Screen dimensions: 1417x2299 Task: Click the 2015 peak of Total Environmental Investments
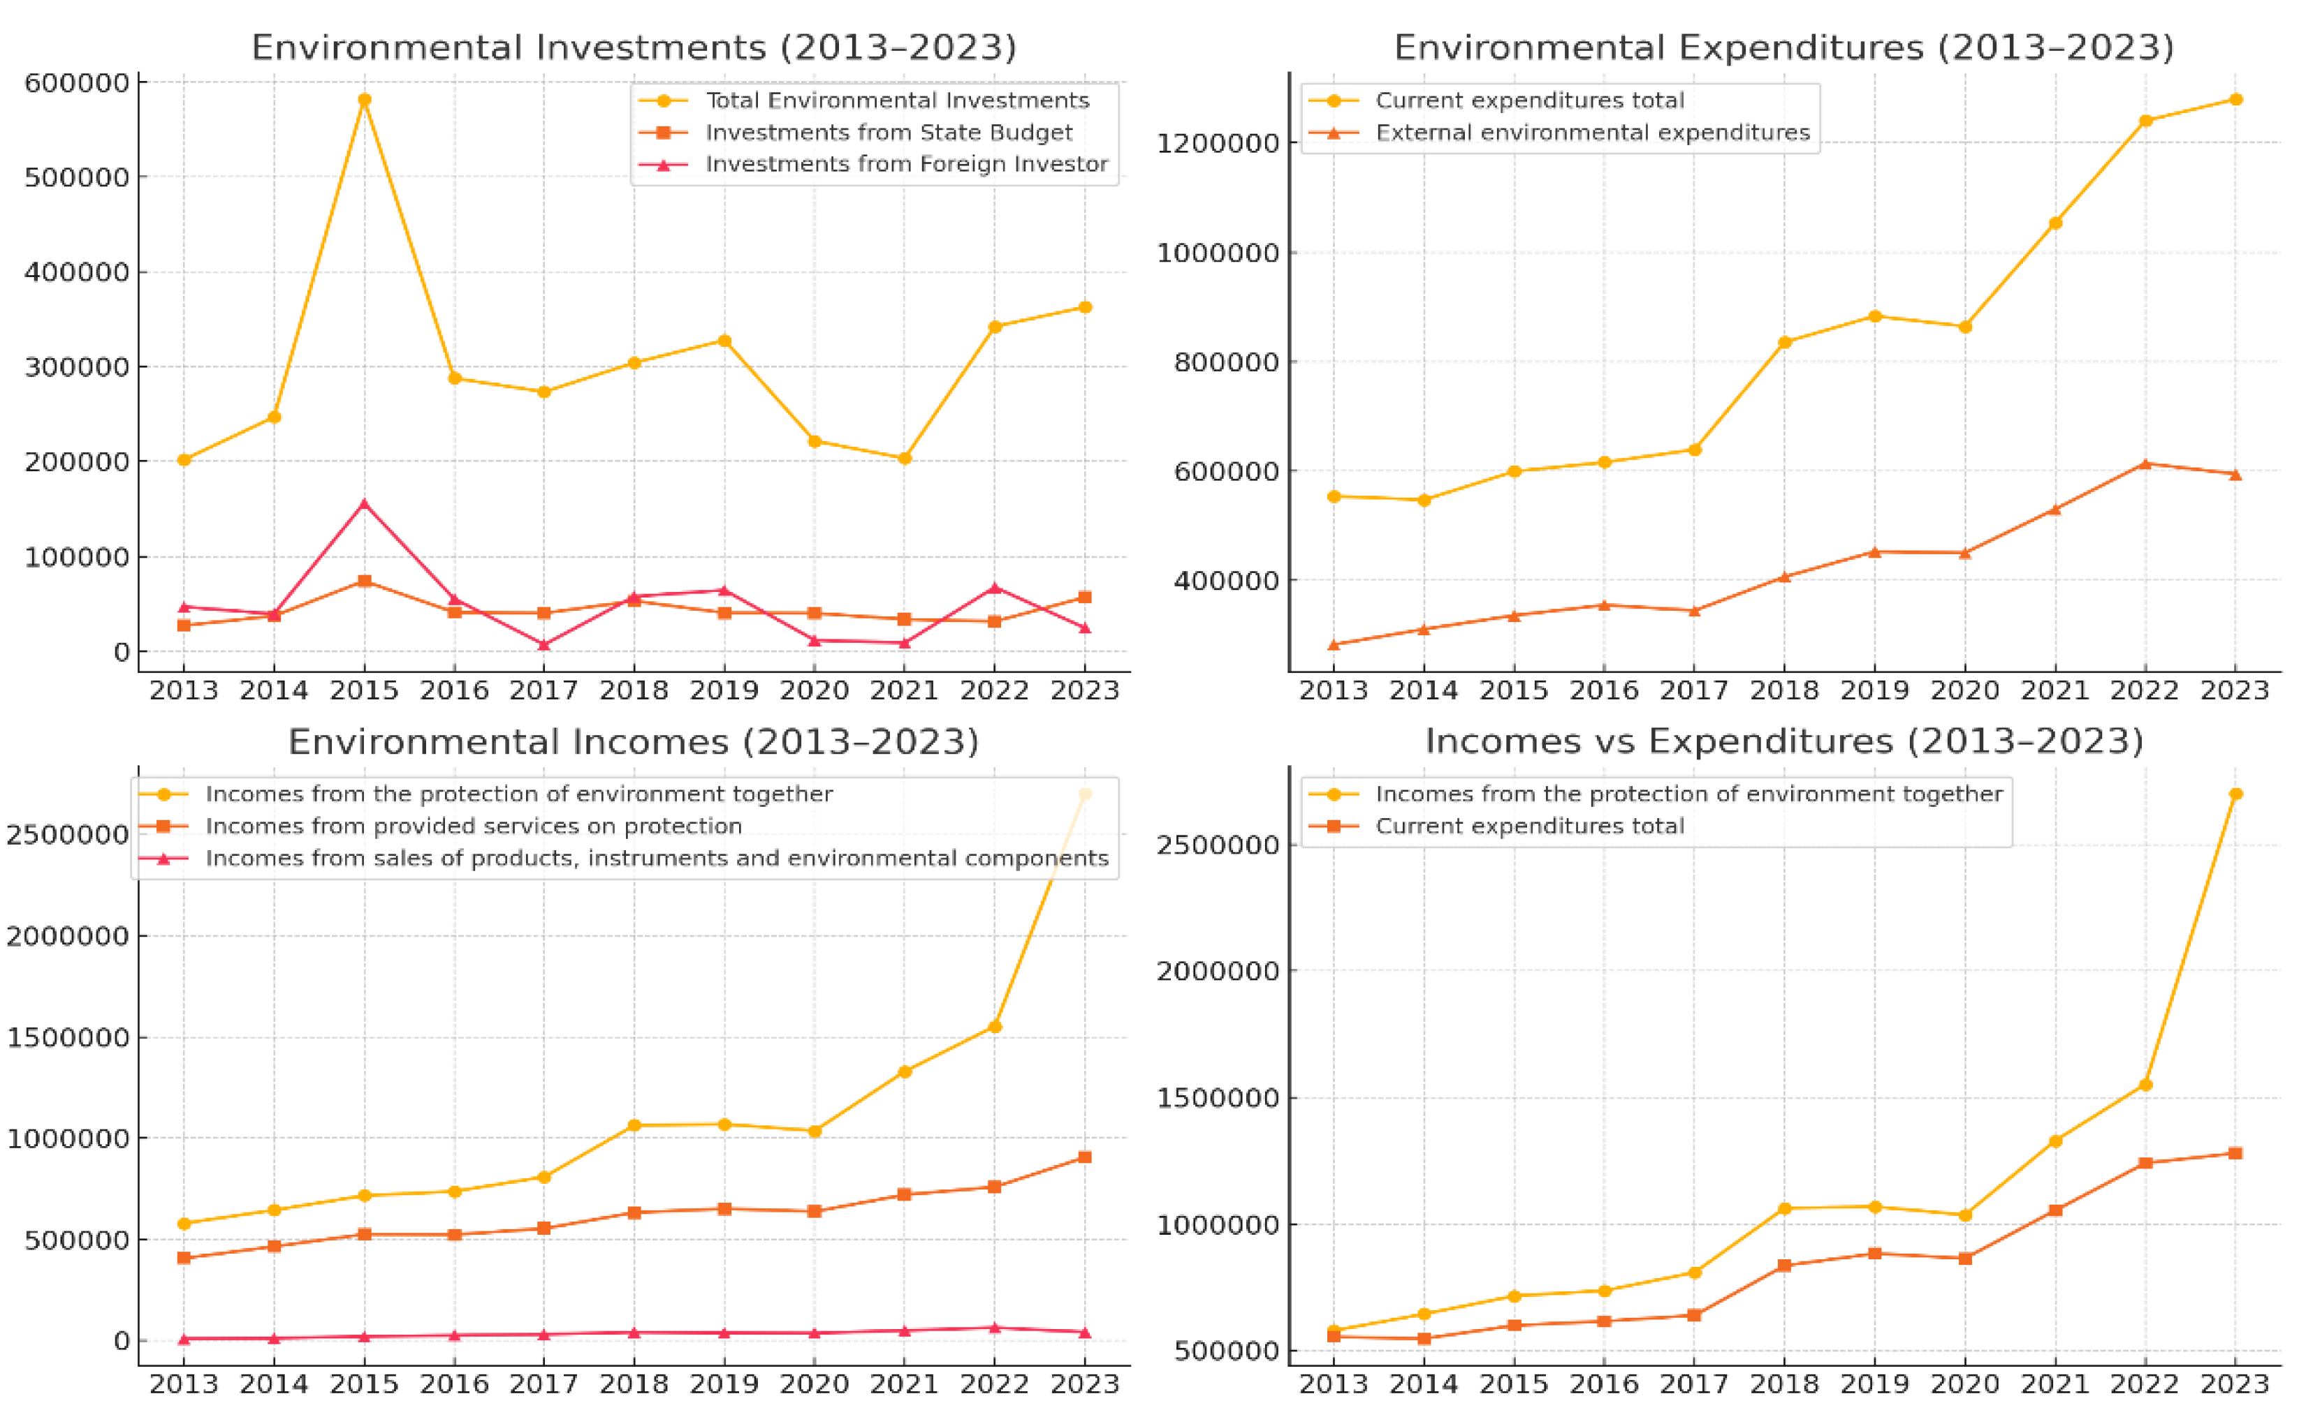click(365, 99)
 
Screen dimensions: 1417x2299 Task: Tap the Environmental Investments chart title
click(634, 47)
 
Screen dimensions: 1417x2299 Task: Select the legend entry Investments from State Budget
click(888, 132)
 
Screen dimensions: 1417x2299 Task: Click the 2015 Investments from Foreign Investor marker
click(365, 504)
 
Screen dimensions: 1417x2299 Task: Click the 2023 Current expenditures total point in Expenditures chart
click(2236, 99)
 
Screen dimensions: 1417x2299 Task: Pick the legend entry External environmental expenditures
click(1592, 132)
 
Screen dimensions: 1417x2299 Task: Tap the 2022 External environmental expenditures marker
click(2145, 464)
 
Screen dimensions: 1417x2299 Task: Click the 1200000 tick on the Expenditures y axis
click(1217, 142)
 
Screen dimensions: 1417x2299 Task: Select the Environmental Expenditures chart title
click(1783, 47)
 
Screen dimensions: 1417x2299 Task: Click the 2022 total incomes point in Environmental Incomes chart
click(995, 1026)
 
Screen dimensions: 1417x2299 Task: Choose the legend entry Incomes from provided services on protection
click(474, 826)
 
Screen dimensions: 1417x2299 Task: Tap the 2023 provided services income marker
click(1085, 1157)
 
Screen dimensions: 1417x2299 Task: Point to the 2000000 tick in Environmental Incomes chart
click(68, 935)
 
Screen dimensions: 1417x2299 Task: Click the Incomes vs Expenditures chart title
click(1783, 741)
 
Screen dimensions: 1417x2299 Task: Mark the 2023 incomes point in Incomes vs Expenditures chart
click(2236, 794)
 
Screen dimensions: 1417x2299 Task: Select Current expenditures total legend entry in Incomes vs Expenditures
click(1529, 826)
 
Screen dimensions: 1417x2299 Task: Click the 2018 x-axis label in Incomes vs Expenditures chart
click(1784, 1383)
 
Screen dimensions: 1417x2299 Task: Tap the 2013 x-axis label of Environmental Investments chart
click(184, 690)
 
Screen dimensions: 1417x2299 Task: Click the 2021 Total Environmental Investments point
click(905, 459)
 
